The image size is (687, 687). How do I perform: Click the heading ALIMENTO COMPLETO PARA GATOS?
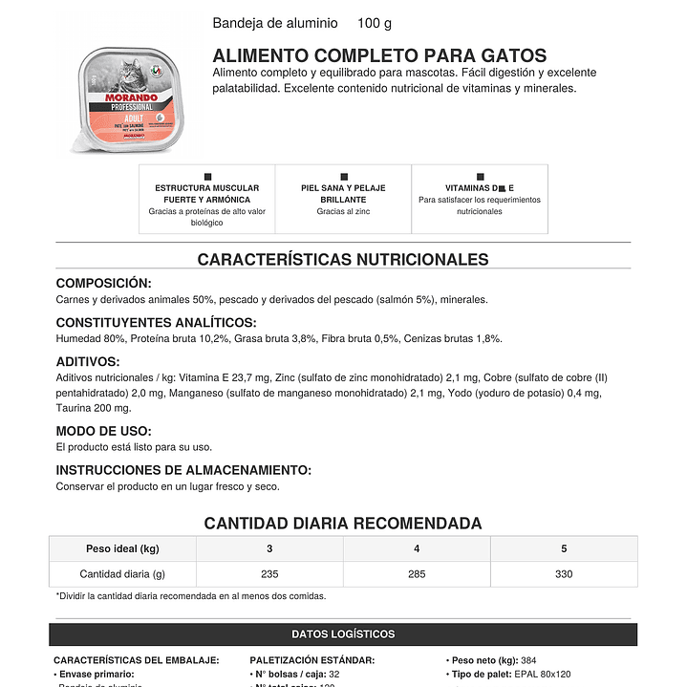[x=379, y=56]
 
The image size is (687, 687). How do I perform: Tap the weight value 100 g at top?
[x=375, y=23]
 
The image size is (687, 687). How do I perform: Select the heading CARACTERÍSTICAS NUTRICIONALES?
[x=343, y=260]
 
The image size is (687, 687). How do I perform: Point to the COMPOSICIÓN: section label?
[x=103, y=283]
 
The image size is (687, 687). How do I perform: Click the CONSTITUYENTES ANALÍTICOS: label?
[x=156, y=323]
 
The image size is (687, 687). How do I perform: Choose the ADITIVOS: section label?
[x=88, y=362]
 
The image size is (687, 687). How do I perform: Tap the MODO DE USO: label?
[x=103, y=431]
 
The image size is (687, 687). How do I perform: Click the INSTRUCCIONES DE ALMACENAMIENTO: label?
[x=183, y=470]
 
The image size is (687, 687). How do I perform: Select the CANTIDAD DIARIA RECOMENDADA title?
[x=343, y=524]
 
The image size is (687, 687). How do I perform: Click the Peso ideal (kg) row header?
[x=122, y=548]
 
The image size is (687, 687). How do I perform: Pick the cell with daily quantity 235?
[x=269, y=574]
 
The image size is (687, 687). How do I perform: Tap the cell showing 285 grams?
[x=417, y=574]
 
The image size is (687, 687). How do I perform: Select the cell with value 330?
[x=564, y=574]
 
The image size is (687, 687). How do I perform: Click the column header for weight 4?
[x=417, y=548]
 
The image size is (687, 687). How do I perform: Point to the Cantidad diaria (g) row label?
[x=122, y=574]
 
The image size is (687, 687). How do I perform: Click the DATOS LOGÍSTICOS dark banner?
[x=343, y=634]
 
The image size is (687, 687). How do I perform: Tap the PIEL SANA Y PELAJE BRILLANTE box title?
[x=343, y=194]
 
